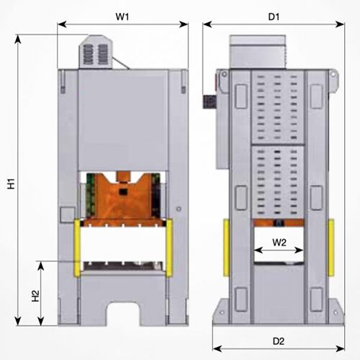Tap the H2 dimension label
pos(35,295)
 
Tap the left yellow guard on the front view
pos(77,248)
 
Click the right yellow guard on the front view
pos(170,248)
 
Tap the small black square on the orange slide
pos(124,192)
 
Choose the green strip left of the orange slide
pos(91,194)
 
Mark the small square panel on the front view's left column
pos(68,214)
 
